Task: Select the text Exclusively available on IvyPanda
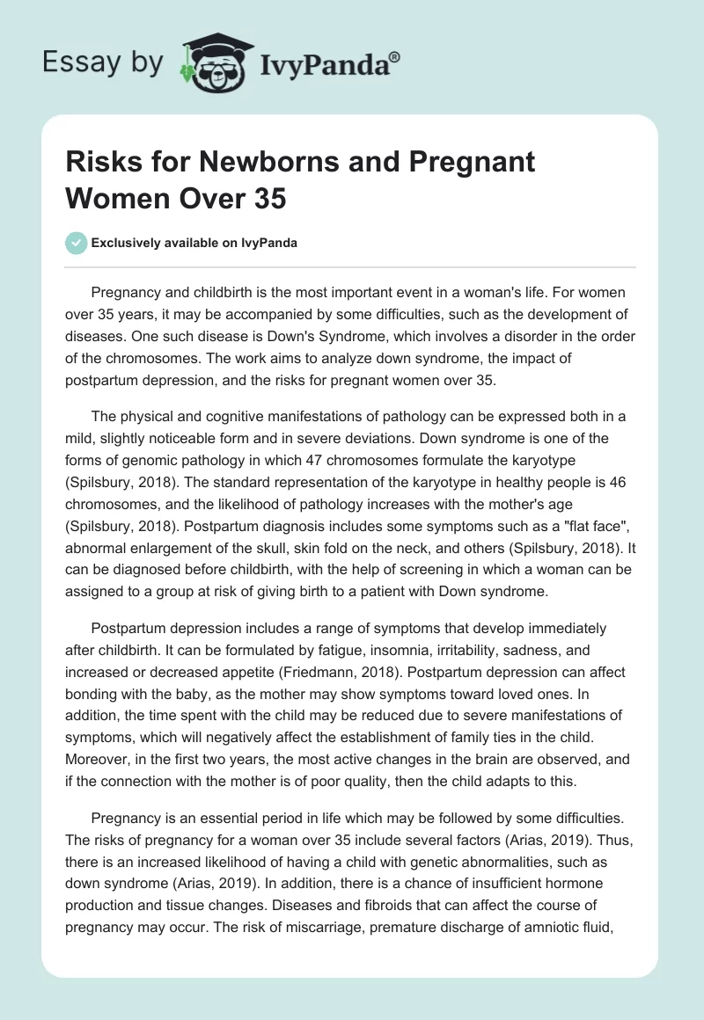194,243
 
